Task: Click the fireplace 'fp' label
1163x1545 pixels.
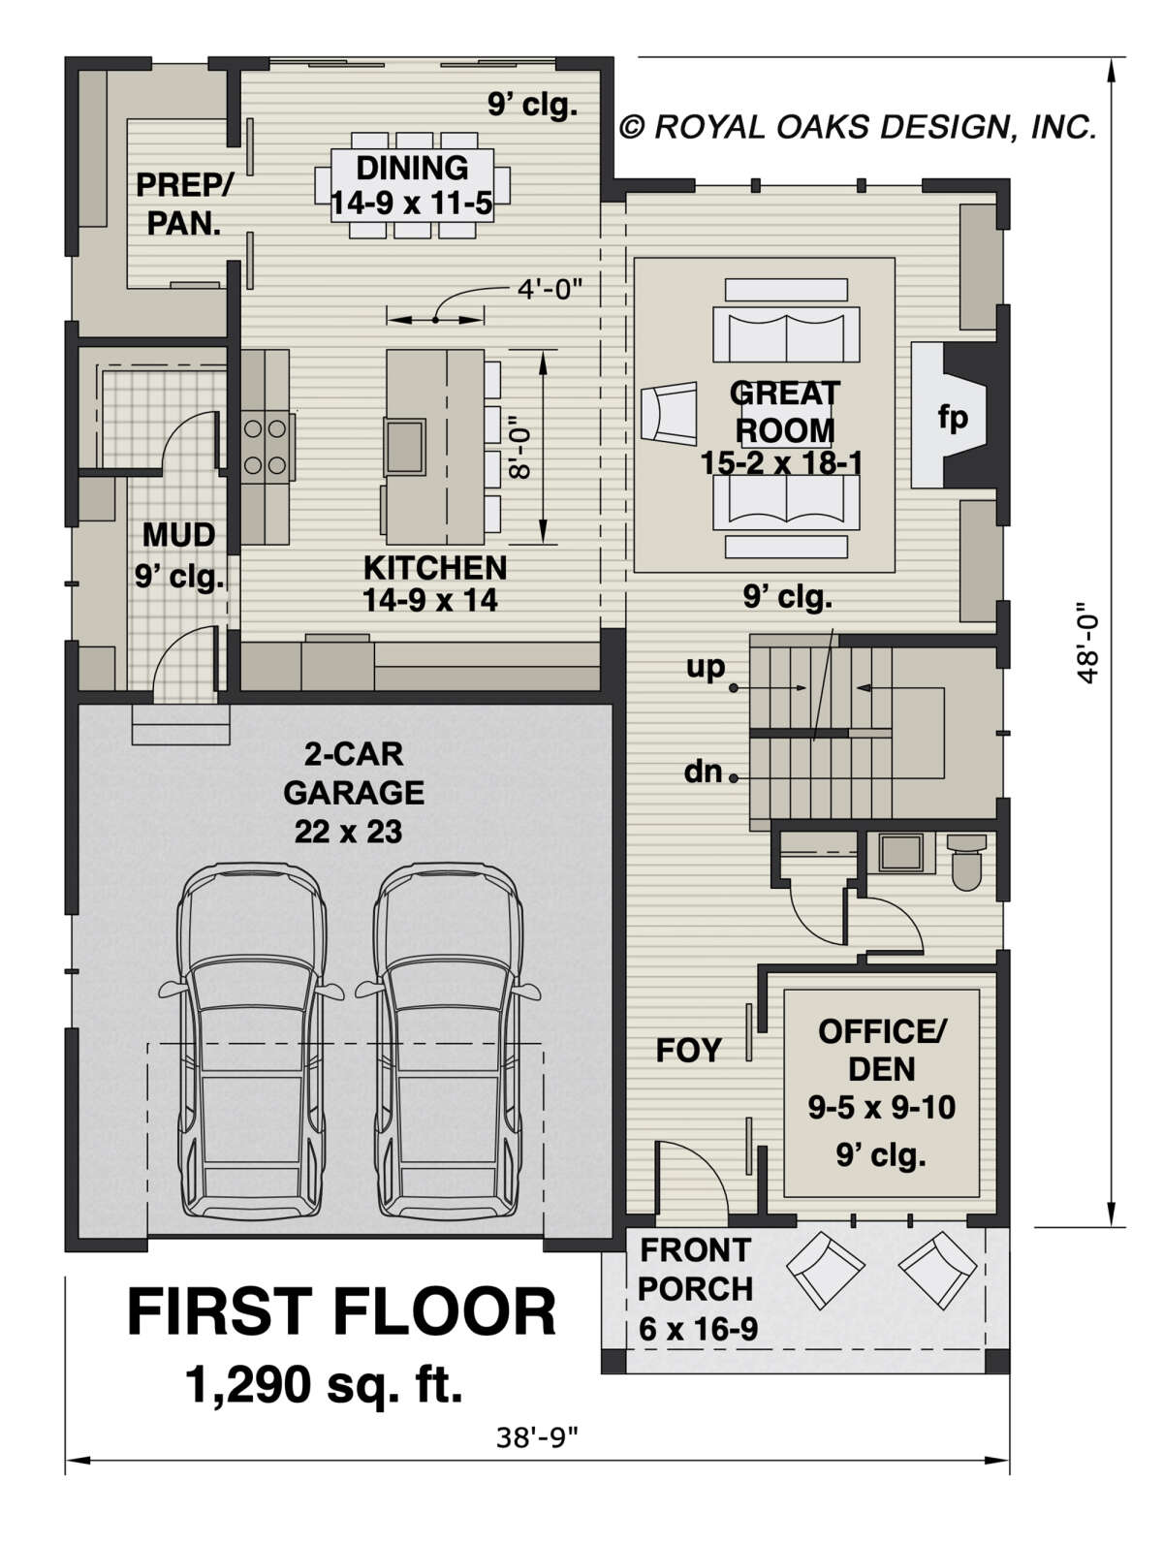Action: pos(952,417)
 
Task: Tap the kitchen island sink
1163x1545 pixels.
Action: pos(404,446)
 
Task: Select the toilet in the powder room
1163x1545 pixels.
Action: pos(966,863)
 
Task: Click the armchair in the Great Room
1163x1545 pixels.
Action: pos(669,413)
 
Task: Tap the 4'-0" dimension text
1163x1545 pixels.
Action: pos(550,289)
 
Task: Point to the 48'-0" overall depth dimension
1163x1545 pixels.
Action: pos(1086,642)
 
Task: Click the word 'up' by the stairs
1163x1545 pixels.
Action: pos(705,667)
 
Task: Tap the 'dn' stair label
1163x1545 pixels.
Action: pos(703,772)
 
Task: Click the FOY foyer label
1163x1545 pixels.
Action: pos(688,1050)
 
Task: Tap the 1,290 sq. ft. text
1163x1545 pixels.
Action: pos(324,1382)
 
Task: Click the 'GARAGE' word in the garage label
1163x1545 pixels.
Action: pos(354,793)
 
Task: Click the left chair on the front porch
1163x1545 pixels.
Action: pos(825,1272)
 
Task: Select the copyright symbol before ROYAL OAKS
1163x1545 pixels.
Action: pos(632,127)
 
